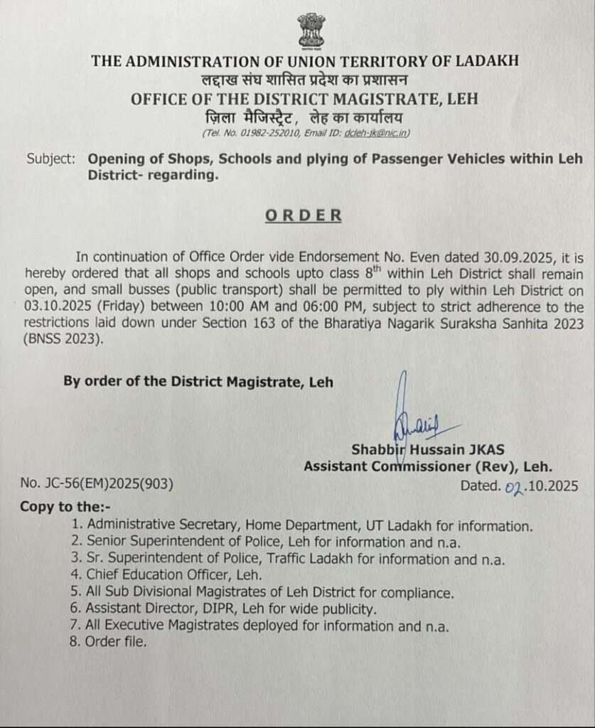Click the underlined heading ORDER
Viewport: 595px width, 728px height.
(304, 215)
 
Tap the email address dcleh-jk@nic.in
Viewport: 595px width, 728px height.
(376, 133)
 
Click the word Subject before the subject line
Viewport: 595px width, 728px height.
(50, 159)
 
